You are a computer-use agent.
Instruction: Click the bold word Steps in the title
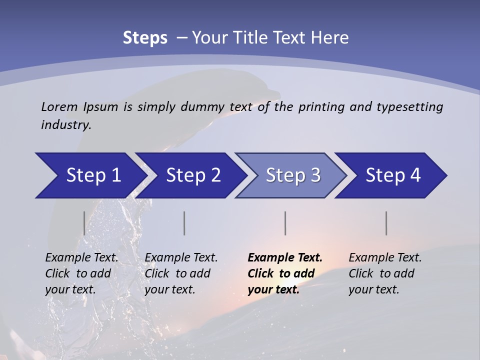145,38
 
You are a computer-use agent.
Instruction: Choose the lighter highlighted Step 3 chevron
293,175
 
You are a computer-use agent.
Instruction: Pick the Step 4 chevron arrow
393,175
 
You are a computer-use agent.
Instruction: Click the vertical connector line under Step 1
84,223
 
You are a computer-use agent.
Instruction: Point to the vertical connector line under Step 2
184,223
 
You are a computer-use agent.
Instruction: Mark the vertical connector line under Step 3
285,223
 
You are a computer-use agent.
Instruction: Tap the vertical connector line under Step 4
386,223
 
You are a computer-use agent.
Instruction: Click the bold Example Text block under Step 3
285,273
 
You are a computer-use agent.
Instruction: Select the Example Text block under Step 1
81,273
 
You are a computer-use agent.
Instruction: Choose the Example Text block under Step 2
181,273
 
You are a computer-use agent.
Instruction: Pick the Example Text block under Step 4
385,273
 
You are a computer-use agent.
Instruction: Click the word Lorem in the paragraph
57,106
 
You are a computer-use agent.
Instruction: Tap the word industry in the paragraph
65,125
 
